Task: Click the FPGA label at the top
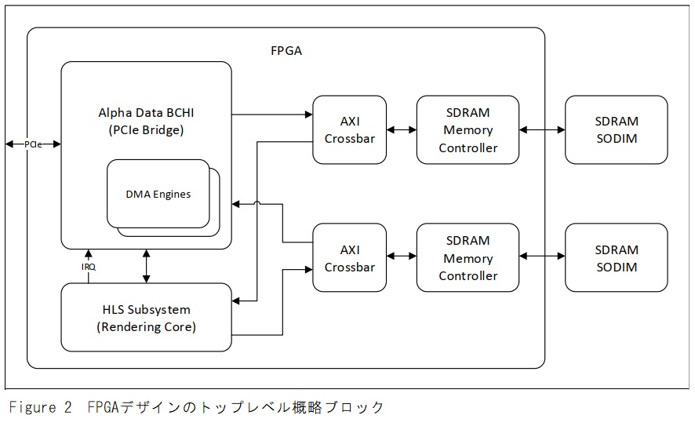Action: [x=286, y=51]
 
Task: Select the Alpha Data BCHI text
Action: [x=146, y=112]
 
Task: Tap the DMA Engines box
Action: [x=158, y=194]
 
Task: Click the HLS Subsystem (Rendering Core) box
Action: [x=146, y=318]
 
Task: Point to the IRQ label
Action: [x=89, y=267]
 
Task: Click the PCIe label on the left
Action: [x=33, y=144]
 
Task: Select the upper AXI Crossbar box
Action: [x=349, y=129]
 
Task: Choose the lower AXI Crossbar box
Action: [x=349, y=258]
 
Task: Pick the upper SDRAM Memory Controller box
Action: [x=468, y=129]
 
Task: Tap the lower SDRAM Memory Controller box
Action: [x=468, y=258]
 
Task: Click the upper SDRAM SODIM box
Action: [x=616, y=129]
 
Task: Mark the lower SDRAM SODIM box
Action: [x=616, y=258]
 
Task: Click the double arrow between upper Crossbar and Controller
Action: [x=402, y=130]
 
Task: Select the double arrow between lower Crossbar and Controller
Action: [x=402, y=255]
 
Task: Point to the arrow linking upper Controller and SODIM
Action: [x=542, y=130]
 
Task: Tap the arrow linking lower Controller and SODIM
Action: [x=542, y=255]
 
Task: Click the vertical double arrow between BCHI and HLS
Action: [x=146, y=266]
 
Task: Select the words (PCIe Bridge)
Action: [x=146, y=130]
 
